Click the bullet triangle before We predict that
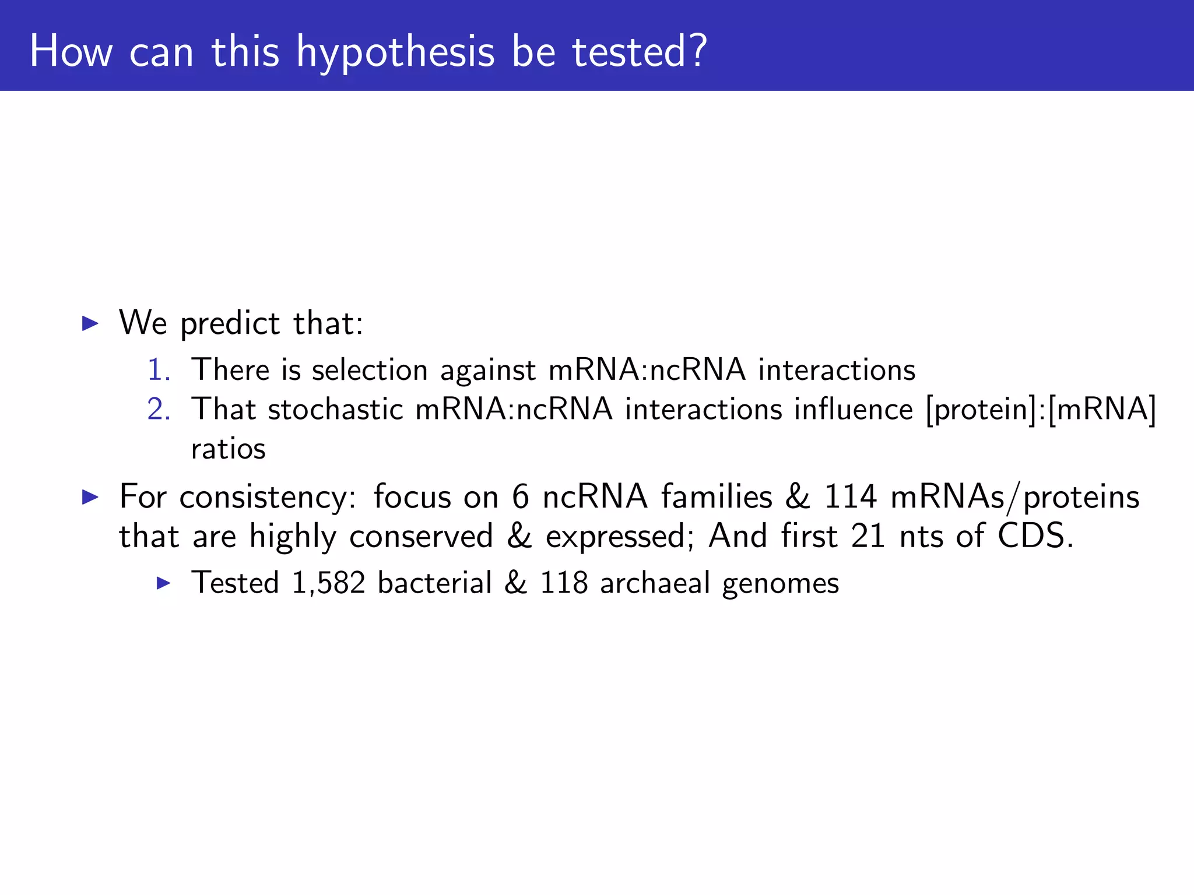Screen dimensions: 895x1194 [x=90, y=323]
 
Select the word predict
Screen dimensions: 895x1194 [x=230, y=323]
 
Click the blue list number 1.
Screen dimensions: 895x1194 [x=158, y=370]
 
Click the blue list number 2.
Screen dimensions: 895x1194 [x=158, y=409]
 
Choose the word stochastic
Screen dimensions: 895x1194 [x=335, y=409]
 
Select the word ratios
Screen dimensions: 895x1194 [x=229, y=449]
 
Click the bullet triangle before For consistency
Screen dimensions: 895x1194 [x=90, y=497]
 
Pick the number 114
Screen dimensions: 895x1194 [x=850, y=497]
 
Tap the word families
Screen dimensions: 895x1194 [x=717, y=497]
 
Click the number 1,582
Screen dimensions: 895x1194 [x=328, y=583]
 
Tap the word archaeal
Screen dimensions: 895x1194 [x=655, y=583]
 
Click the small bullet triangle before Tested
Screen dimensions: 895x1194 [x=164, y=583]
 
